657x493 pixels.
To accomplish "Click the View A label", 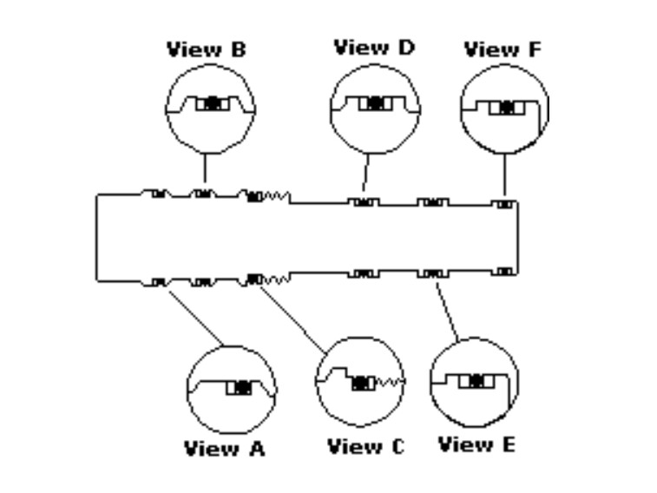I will point(224,449).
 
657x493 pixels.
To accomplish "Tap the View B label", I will point(206,49).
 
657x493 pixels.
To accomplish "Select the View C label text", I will point(365,447).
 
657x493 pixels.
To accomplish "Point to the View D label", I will point(375,47).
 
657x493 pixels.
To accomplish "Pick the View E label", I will point(476,445).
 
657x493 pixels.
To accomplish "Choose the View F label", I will point(503,49).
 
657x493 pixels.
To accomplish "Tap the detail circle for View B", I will point(209,109).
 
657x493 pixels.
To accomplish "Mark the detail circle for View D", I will point(375,108).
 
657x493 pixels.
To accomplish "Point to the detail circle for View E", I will point(474,382).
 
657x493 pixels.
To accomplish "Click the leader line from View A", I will point(195,315).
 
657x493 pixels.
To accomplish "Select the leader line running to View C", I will point(293,318).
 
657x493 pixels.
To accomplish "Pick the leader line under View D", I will point(366,174).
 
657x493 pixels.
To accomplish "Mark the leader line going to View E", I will point(446,309).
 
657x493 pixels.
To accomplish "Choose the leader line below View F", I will point(504,176).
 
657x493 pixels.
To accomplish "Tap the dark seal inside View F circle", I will point(508,108).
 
